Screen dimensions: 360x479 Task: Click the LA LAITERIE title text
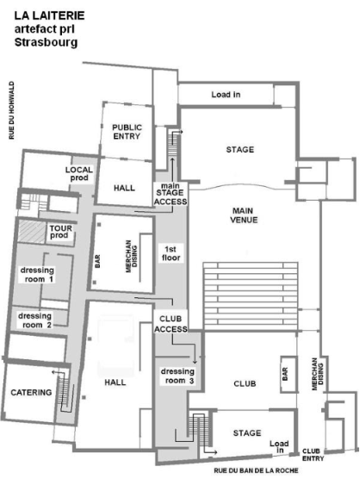[x=49, y=16]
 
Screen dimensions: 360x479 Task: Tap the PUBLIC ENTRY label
[x=127, y=132]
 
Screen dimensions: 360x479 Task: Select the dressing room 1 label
[x=37, y=275]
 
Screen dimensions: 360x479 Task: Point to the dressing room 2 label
[x=34, y=320]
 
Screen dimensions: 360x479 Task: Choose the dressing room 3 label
[x=177, y=376]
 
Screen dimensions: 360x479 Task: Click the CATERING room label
[x=31, y=392]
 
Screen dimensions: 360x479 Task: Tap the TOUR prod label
[x=61, y=232]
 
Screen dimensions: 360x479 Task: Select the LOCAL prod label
[x=78, y=174]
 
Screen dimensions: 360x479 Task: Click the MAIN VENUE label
[x=244, y=215]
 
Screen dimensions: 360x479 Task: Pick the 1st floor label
[x=171, y=253]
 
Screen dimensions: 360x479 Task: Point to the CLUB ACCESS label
[x=171, y=324]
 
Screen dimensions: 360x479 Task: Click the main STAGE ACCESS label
[x=171, y=194]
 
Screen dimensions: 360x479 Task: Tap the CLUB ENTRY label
[x=313, y=455]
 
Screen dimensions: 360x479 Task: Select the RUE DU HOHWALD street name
[x=11, y=110]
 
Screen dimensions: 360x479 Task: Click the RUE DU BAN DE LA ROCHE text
[x=256, y=470]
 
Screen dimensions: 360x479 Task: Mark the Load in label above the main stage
[x=226, y=95]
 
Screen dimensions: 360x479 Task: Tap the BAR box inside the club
[x=289, y=374]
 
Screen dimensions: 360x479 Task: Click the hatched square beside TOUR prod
[x=32, y=232]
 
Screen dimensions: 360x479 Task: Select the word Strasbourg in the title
[x=46, y=42]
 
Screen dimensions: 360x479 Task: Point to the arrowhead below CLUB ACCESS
[x=196, y=362]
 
